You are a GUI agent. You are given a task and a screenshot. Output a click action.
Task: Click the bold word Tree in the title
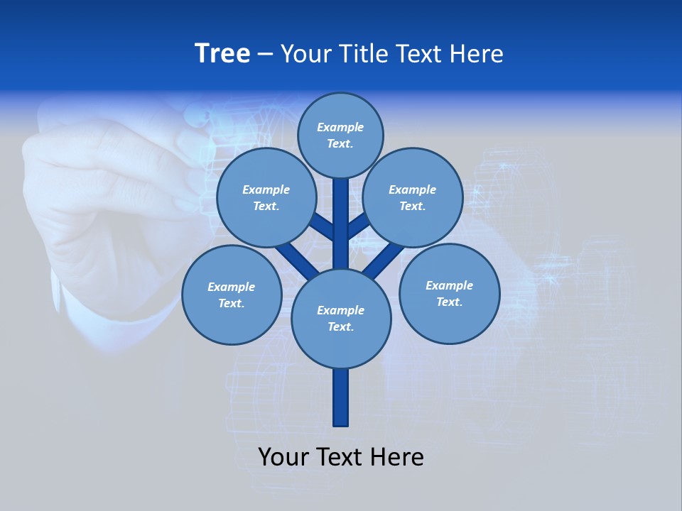[x=222, y=54]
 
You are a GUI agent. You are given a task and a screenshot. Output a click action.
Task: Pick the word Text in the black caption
[x=341, y=457]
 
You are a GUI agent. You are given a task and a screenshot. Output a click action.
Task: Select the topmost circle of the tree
[x=340, y=135]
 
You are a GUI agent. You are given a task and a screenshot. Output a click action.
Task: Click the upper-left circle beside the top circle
[x=266, y=198]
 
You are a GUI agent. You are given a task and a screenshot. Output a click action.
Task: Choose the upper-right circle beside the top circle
[x=413, y=198]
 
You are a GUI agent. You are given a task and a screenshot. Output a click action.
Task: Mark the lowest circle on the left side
[x=232, y=295]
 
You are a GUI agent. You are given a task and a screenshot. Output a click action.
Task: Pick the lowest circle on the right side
[x=449, y=294]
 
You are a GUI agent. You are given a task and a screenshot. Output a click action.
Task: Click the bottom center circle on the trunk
[x=341, y=318]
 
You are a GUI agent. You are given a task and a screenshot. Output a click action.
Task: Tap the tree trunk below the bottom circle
[x=341, y=397]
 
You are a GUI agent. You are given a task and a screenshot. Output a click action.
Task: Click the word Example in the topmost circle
[x=340, y=127]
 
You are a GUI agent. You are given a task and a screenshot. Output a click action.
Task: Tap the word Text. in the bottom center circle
[x=341, y=326]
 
